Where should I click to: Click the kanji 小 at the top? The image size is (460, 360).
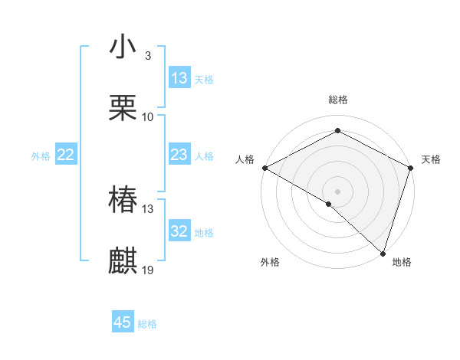[123, 47]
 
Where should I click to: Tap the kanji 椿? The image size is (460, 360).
[123, 201]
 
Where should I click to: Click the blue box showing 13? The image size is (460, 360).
[179, 78]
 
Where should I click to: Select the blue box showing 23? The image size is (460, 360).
[179, 155]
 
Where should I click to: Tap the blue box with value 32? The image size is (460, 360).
[179, 231]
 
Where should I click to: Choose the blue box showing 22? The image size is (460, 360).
[66, 155]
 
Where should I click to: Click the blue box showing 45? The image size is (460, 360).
[123, 322]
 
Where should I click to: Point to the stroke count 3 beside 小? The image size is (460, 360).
[147, 56]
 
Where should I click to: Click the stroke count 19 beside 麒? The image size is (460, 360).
[149, 270]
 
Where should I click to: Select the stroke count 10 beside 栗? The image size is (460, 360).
[148, 117]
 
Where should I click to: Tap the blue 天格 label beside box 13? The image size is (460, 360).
[204, 80]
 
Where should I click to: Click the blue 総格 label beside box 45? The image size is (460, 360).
[147, 324]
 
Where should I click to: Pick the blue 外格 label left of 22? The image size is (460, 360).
[41, 156]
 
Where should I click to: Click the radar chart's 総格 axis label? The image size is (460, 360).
[337, 100]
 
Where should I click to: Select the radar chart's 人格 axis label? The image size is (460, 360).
[245, 159]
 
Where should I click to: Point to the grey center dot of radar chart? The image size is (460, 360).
[337, 191]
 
